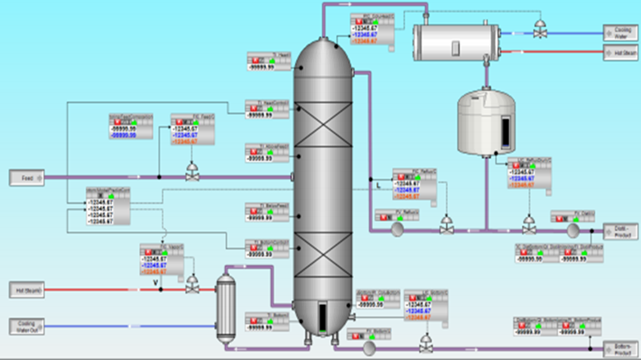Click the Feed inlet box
pyautogui.click(x=20, y=177)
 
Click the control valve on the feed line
pyautogui.click(x=191, y=172)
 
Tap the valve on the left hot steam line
pyautogui.click(x=191, y=285)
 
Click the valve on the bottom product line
pyautogui.click(x=425, y=343)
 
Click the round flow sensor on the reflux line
pyautogui.click(x=395, y=230)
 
